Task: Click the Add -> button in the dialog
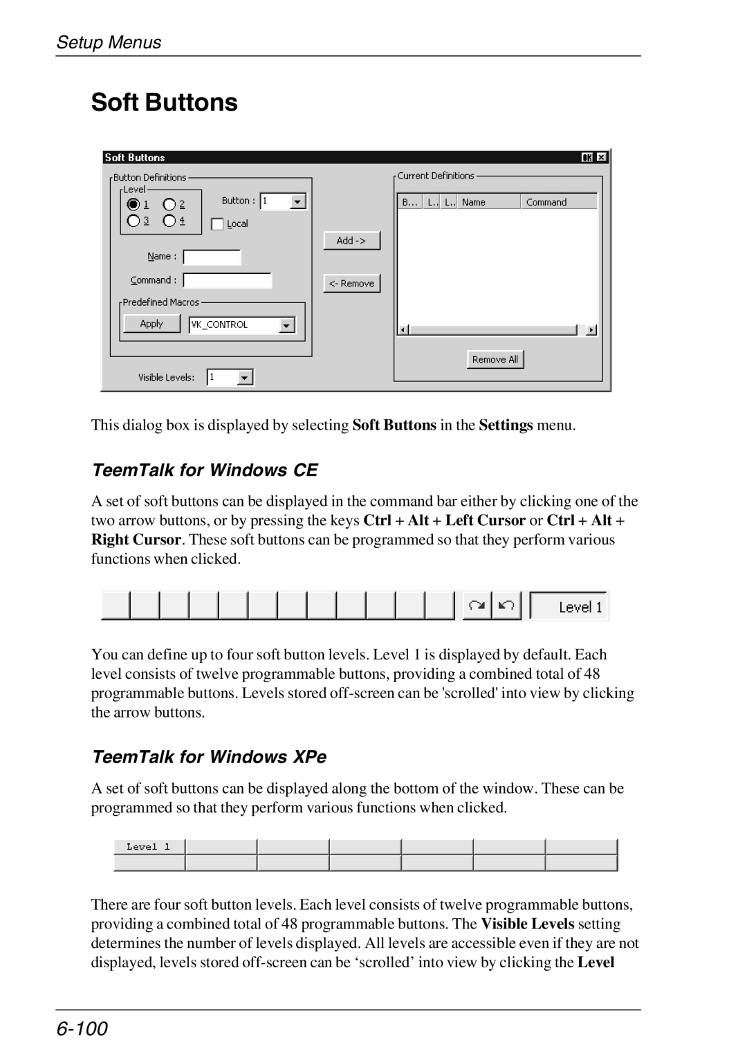click(351, 241)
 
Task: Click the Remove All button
click(495, 359)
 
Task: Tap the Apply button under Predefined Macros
click(151, 324)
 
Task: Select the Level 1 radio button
click(133, 204)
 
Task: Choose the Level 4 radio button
click(169, 221)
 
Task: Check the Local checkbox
click(218, 224)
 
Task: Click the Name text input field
click(212, 257)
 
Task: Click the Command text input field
click(227, 280)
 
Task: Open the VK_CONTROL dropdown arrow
click(286, 325)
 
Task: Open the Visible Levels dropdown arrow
click(245, 378)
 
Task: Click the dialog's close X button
click(602, 158)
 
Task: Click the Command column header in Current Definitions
click(558, 202)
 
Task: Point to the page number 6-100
click(82, 1029)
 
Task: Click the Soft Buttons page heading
click(165, 102)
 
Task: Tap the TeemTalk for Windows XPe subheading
click(209, 757)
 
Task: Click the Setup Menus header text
click(109, 42)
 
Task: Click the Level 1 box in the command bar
click(569, 607)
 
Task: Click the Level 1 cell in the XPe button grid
click(149, 847)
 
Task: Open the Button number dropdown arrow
click(297, 202)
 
